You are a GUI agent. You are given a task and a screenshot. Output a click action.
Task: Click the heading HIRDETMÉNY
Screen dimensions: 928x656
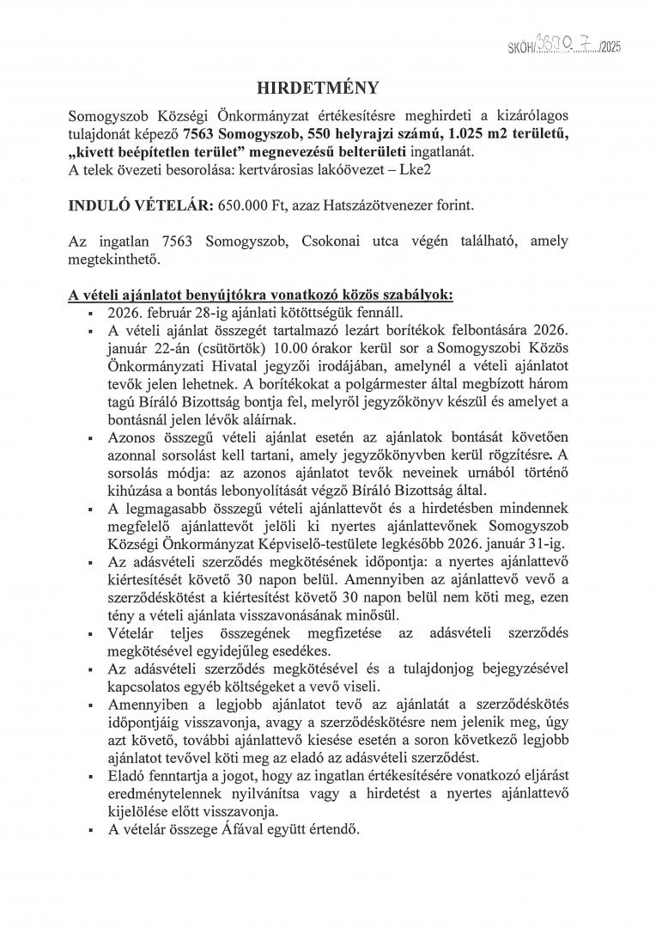[327, 88]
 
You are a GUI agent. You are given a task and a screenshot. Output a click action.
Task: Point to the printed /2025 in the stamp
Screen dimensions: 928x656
[609, 48]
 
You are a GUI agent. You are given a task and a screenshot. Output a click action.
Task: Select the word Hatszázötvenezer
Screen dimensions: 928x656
[355, 207]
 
